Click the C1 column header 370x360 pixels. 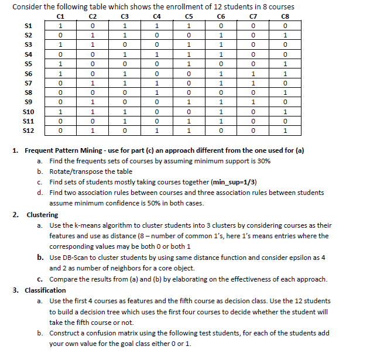(x=60, y=16)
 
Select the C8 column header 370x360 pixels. (x=284, y=16)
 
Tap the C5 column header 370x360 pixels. (x=188, y=16)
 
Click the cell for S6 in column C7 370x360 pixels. (x=252, y=73)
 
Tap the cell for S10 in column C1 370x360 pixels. (x=60, y=111)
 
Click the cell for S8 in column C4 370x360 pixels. (x=156, y=92)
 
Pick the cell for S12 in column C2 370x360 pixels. (x=92, y=130)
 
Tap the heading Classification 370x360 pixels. (x=45, y=290)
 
